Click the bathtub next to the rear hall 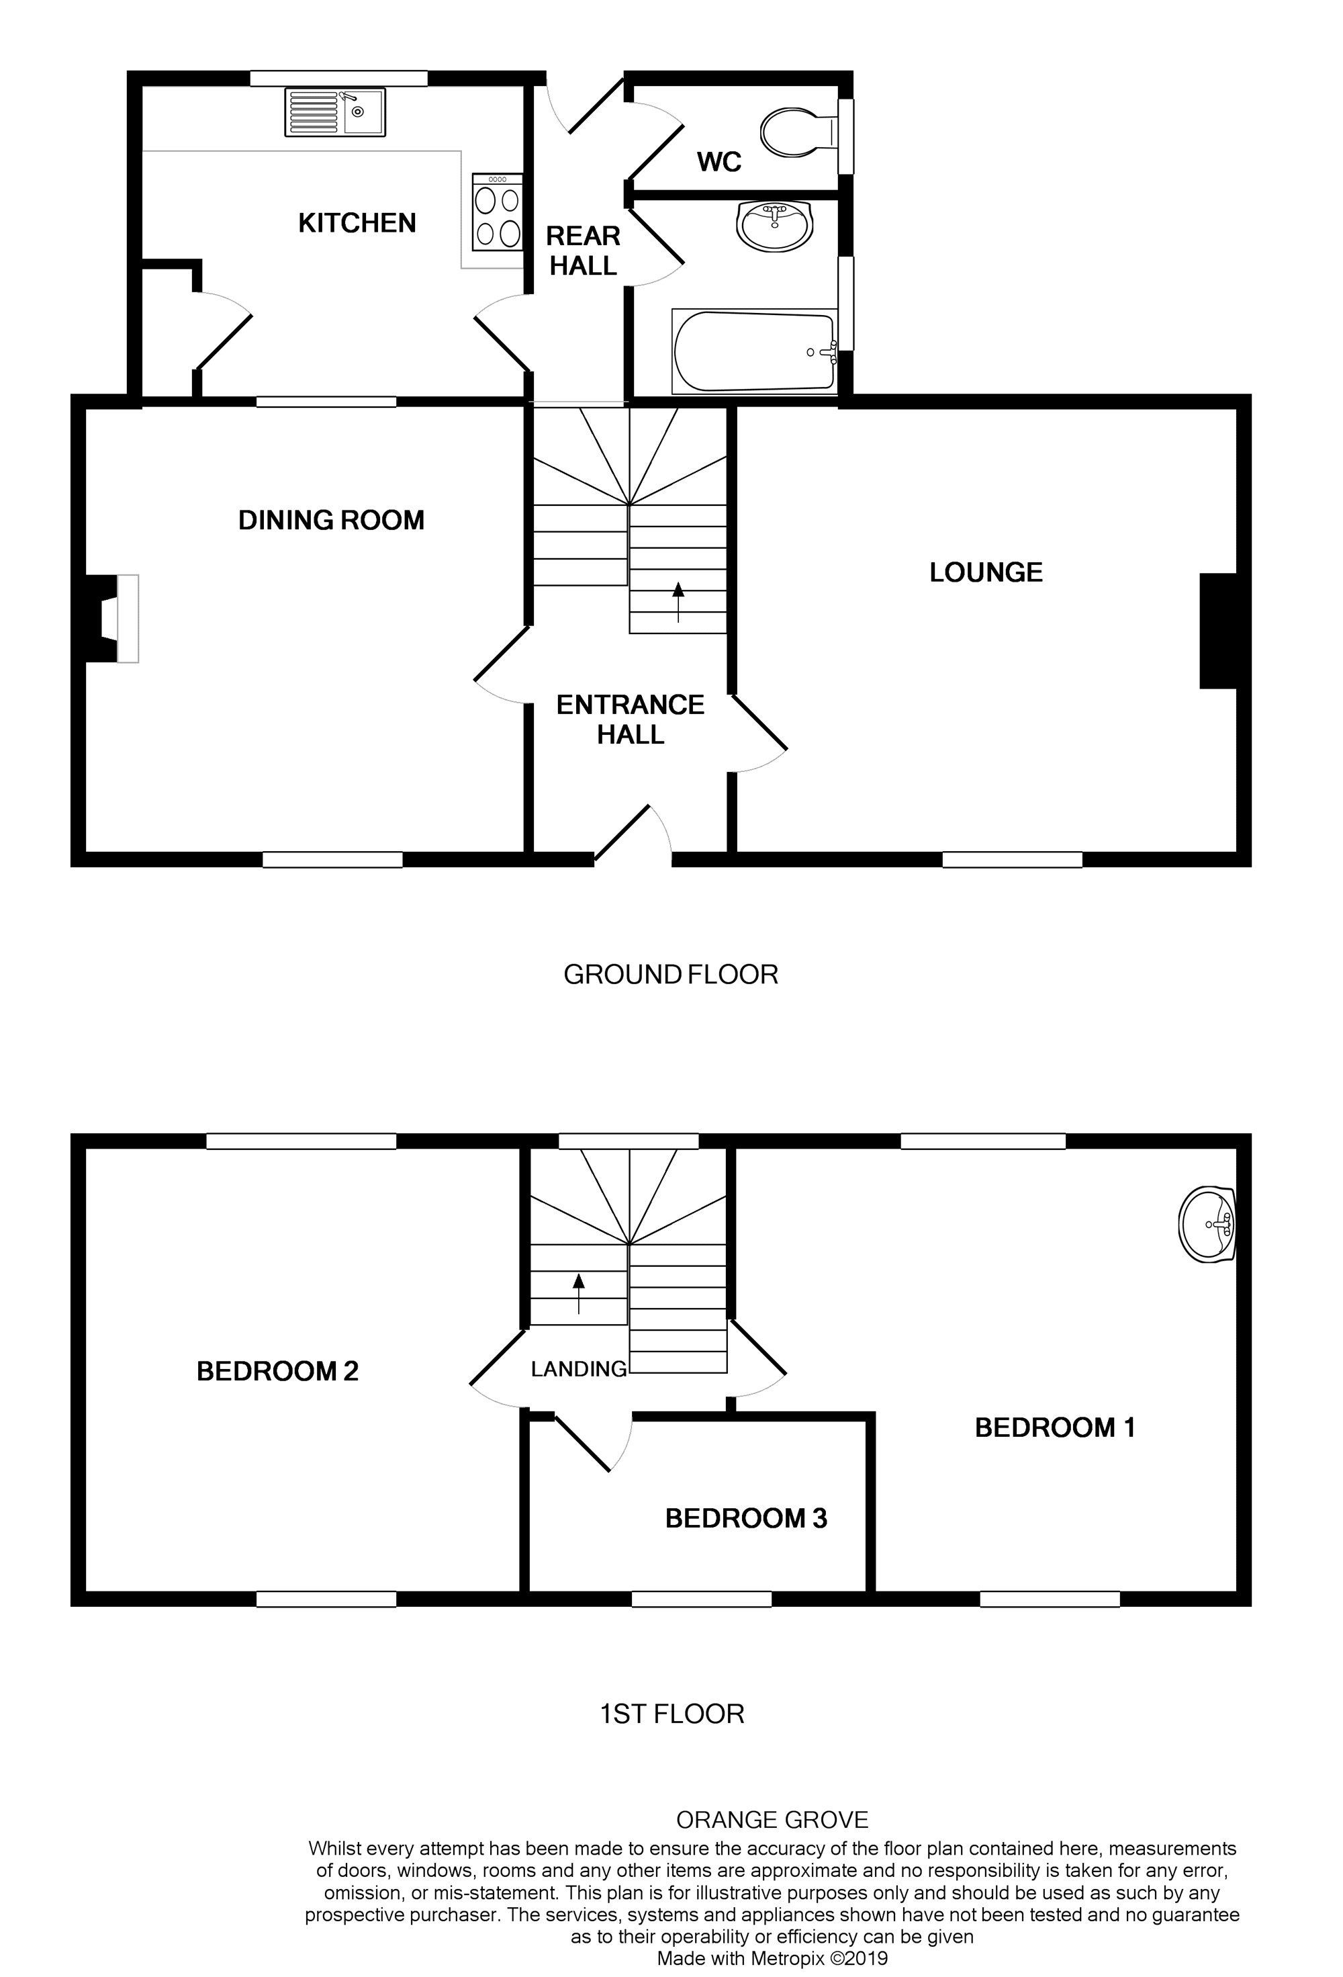(x=753, y=351)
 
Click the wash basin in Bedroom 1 (x=1207, y=1224)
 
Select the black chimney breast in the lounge (x=1217, y=630)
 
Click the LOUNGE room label (x=985, y=572)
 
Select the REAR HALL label (x=583, y=251)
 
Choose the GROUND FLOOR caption (x=670, y=975)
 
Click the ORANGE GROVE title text (x=772, y=1820)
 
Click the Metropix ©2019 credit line (x=772, y=1959)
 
